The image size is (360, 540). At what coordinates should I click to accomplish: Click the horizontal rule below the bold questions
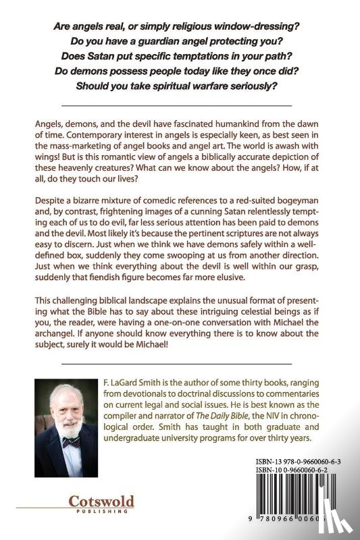pos(177,106)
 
